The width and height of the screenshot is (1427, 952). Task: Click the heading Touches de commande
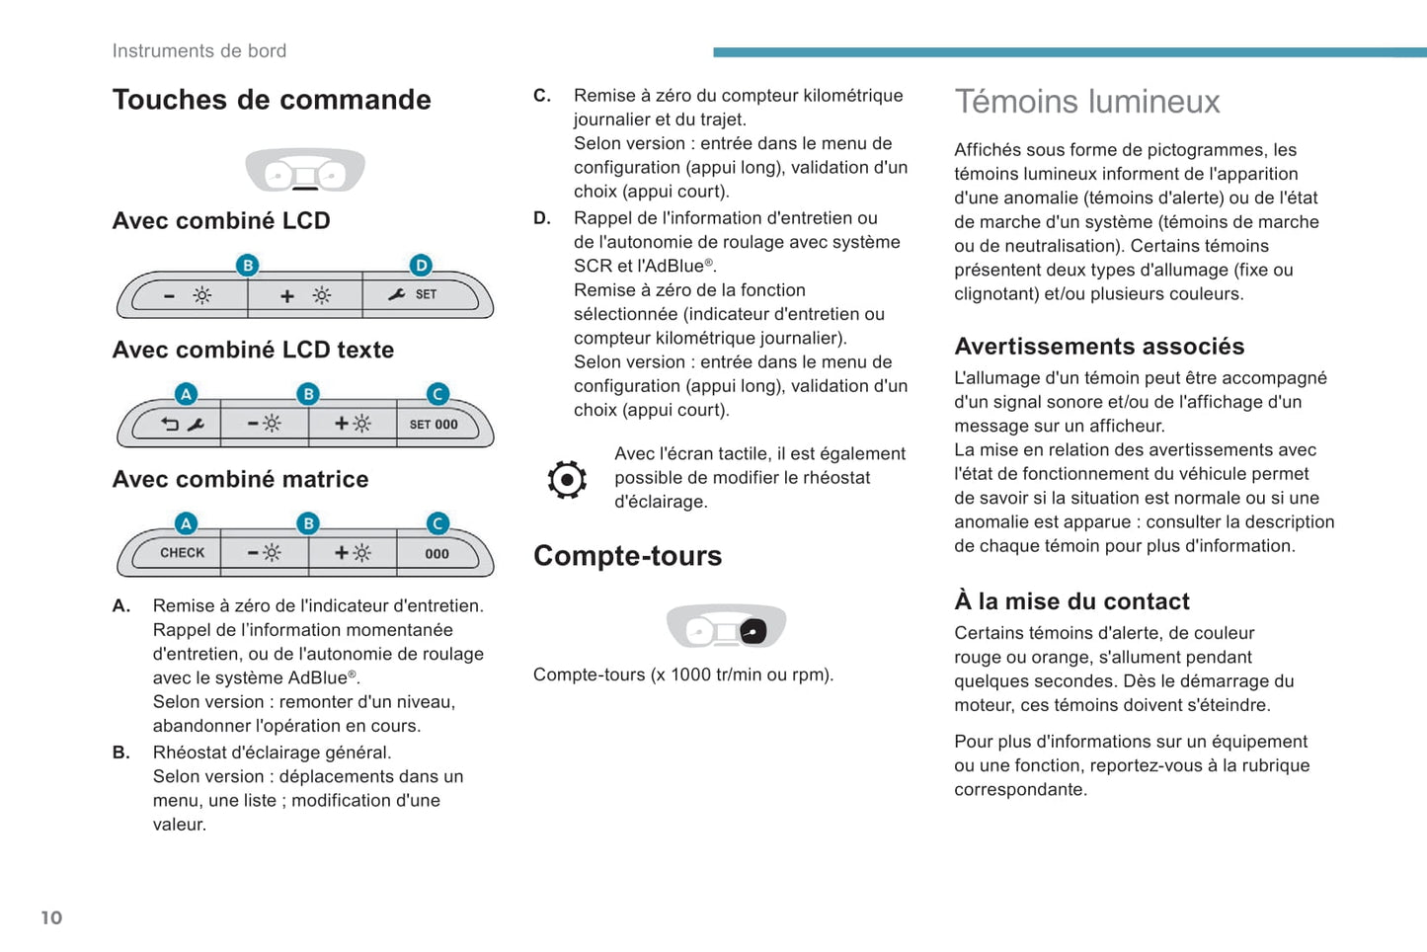pyautogui.click(x=272, y=100)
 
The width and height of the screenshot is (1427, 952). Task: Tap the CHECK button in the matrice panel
pyautogui.click(x=182, y=553)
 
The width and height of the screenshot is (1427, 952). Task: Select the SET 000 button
pyautogui.click(x=434, y=425)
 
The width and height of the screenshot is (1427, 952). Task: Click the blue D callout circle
pyautogui.click(x=422, y=265)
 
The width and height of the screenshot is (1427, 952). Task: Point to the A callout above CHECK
pyautogui.click(x=186, y=522)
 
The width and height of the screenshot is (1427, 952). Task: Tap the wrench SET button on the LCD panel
pyautogui.click(x=414, y=294)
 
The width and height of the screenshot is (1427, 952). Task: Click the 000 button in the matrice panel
pyautogui.click(x=436, y=553)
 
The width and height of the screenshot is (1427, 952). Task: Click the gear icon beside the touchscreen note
pyautogui.click(x=567, y=480)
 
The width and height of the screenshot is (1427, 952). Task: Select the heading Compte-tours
pyautogui.click(x=627, y=556)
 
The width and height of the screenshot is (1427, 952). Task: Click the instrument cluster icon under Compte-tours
pyautogui.click(x=726, y=626)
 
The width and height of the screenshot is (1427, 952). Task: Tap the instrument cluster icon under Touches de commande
pyautogui.click(x=305, y=170)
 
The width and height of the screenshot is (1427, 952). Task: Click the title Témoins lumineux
pyautogui.click(x=1086, y=102)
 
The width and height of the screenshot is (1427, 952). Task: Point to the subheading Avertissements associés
pyautogui.click(x=1099, y=347)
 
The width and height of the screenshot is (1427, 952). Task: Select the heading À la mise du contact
pyautogui.click(x=1071, y=601)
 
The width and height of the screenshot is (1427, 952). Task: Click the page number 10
pyautogui.click(x=51, y=917)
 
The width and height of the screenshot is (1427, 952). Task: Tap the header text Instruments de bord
pyautogui.click(x=199, y=51)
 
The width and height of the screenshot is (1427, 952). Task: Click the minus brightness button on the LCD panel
pyautogui.click(x=188, y=295)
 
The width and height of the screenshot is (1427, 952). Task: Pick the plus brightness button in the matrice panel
pyautogui.click(x=352, y=553)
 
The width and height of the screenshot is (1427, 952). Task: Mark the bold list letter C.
pyautogui.click(x=541, y=96)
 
